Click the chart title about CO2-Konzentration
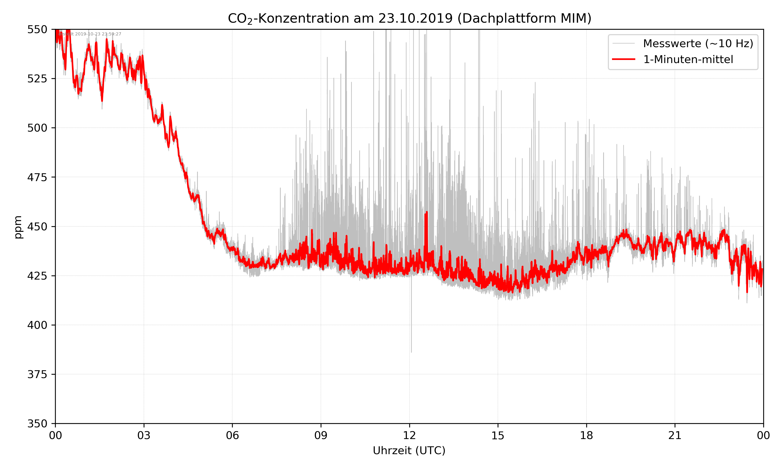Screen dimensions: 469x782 pos(409,18)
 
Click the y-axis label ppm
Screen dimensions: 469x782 pos(18,227)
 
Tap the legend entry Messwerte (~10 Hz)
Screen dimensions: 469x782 pos(698,44)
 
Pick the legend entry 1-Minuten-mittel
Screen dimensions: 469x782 pos(688,59)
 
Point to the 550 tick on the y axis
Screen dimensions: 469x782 pos(37,29)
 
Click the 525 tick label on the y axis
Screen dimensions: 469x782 pos(37,79)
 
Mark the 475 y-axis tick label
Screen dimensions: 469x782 pos(37,177)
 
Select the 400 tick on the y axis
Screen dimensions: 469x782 pos(37,325)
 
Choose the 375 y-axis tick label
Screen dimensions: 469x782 pos(37,374)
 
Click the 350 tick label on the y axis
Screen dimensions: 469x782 pos(37,424)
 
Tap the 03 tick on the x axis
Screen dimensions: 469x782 pos(144,435)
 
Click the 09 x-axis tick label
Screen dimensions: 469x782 pos(321,435)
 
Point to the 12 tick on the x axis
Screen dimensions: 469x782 pos(409,435)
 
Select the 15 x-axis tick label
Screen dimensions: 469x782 pos(498,435)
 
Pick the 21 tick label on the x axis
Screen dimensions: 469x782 pos(675,435)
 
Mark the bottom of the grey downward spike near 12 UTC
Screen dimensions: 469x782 pos(411,352)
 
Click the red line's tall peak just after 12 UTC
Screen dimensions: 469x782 pos(427,212)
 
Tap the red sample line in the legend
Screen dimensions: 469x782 pos(623,59)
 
